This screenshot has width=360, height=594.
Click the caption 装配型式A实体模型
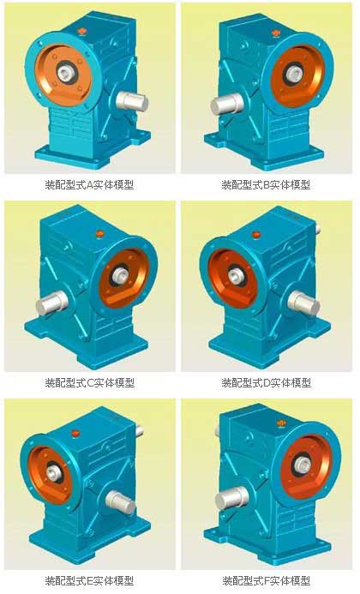tap(89, 185)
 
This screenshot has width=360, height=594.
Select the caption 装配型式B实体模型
tap(266, 185)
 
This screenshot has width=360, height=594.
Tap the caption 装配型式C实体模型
tap(90, 382)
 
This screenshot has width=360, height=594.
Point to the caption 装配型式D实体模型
tap(267, 382)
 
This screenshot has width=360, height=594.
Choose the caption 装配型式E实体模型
tap(89, 580)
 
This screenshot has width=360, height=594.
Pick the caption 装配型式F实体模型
tap(266, 580)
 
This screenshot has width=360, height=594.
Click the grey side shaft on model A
tap(132, 101)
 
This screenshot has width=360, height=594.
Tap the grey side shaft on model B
tap(226, 104)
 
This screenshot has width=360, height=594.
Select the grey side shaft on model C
tap(52, 303)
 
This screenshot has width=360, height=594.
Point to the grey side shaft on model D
tap(303, 303)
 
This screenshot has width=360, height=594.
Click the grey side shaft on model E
tap(120, 502)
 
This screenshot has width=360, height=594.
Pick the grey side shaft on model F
tap(231, 498)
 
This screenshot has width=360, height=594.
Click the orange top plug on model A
tap(82, 32)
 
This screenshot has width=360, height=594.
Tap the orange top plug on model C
tap(100, 234)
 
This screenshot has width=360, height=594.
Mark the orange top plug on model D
tap(256, 235)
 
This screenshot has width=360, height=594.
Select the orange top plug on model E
tap(75, 432)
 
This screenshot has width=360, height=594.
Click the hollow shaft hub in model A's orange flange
tap(65, 72)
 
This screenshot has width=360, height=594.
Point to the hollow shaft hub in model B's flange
tap(292, 74)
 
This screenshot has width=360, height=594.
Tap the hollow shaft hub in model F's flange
tap(302, 465)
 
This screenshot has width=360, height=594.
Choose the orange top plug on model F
tap(281, 422)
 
